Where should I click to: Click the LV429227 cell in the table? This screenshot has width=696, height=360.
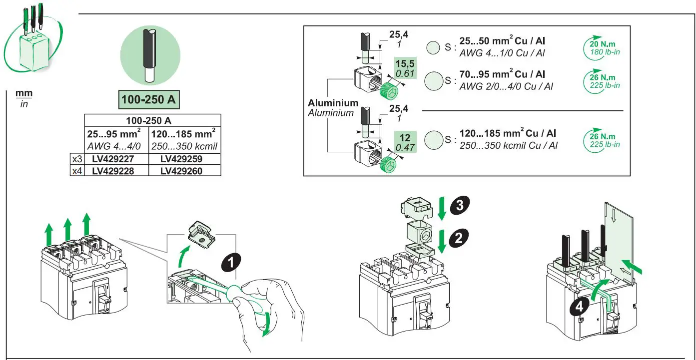click(x=116, y=159)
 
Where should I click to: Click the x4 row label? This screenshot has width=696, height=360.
click(x=76, y=170)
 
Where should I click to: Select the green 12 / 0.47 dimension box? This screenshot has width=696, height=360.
click(x=404, y=142)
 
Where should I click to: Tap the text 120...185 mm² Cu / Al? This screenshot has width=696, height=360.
click(x=508, y=134)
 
